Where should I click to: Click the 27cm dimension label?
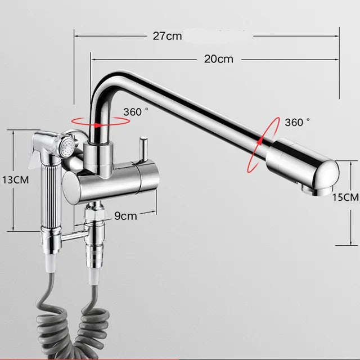(167, 36)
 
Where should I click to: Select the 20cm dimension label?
(219, 59)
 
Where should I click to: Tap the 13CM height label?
(16, 180)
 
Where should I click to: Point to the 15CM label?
(345, 197)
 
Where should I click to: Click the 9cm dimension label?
(125, 216)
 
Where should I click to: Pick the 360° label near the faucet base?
(136, 112)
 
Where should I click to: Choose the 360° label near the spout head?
(298, 122)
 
